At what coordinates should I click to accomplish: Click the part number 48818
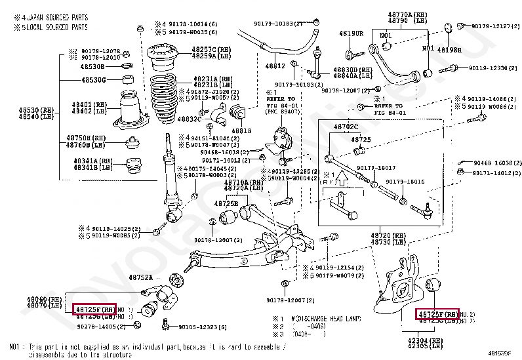tap(242, 130)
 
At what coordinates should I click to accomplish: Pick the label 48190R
tap(351, 33)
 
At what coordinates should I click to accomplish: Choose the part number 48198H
tap(449, 50)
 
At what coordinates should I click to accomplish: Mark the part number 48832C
tap(190, 119)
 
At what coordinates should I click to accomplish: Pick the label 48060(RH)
tap(43, 298)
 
